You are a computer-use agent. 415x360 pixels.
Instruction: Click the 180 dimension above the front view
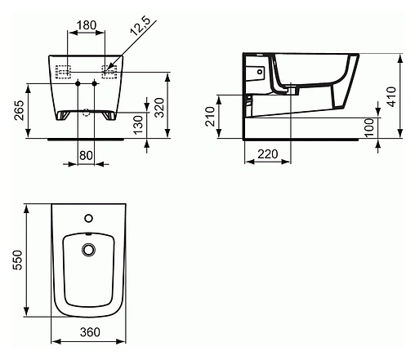[x=84, y=24]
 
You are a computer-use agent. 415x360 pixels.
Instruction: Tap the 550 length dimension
[x=17, y=260]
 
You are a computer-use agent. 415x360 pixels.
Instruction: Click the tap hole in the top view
[x=88, y=219]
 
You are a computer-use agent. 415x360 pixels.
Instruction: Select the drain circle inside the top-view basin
[x=88, y=249]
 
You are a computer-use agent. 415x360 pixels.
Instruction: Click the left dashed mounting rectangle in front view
[x=63, y=70]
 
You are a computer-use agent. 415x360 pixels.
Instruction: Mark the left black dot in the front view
[x=77, y=84]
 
